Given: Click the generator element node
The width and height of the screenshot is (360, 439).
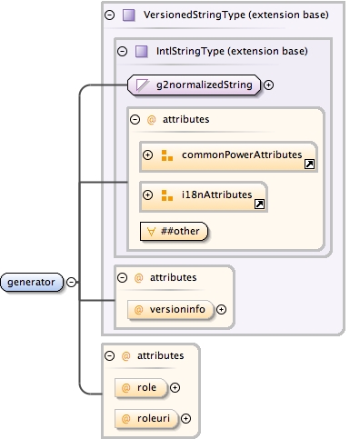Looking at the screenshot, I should tap(32, 282).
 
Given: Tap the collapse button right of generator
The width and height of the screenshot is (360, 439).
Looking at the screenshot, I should tap(71, 282).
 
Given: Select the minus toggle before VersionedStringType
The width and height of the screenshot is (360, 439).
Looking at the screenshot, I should tap(110, 15).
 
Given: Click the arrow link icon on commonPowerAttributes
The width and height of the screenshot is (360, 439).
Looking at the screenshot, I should tap(310, 165).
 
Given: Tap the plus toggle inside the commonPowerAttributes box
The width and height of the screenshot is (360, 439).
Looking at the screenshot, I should tap(148, 155).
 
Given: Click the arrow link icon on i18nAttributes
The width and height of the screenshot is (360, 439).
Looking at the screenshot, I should tap(259, 205).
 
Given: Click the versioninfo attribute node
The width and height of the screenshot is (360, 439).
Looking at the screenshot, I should tap(169, 309).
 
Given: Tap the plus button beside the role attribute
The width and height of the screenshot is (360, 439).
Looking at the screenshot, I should tap(175, 387).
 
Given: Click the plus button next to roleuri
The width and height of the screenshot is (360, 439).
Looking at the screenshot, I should tap(185, 418).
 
